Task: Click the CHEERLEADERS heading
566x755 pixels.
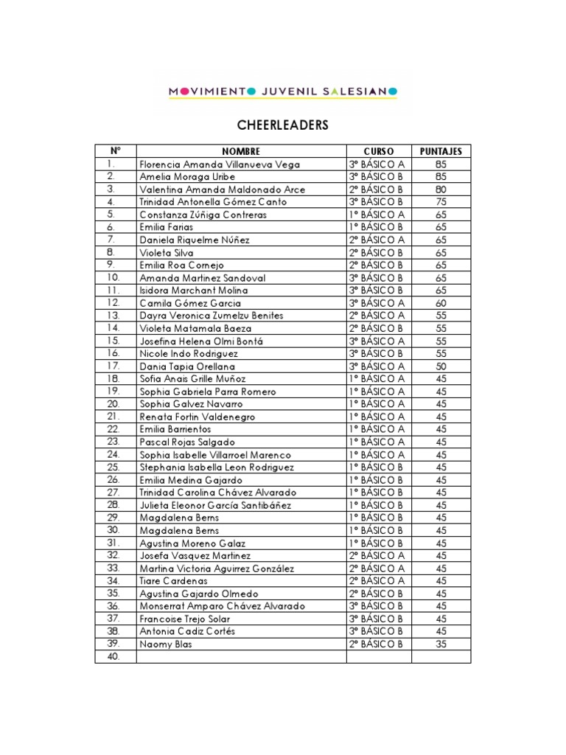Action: tap(282, 125)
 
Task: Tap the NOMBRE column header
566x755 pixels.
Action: tap(241, 151)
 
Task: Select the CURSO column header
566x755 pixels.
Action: tap(379, 151)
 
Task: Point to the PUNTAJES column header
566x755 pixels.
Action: tap(441, 151)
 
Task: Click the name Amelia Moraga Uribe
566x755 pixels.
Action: tap(187, 177)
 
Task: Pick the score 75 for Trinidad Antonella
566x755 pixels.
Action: tap(441, 202)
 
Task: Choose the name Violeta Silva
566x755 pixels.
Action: tap(166, 252)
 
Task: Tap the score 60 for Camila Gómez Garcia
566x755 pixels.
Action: tap(441, 303)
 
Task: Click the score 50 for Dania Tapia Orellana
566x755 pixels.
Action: tap(441, 366)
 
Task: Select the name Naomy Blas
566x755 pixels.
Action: tap(165, 644)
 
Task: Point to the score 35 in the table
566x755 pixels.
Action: tap(441, 644)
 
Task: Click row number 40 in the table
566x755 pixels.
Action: tap(113, 656)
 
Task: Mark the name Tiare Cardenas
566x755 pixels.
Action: tap(174, 581)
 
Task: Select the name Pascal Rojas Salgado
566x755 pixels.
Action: tap(187, 442)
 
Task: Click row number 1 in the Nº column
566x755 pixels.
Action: tap(111, 164)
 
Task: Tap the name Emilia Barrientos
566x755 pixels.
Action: tap(175, 429)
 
